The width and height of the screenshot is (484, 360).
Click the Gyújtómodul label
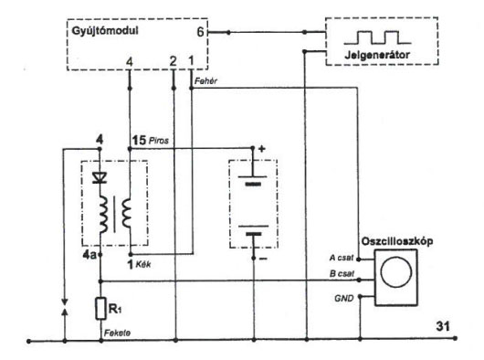[105, 31]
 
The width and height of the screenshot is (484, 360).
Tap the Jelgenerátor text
[377, 55]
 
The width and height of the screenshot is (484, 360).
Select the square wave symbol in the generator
[377, 37]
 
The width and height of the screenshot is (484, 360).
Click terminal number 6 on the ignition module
[200, 32]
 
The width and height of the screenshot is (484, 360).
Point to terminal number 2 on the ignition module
[174, 61]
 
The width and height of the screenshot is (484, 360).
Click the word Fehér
[205, 81]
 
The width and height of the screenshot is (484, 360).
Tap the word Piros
[159, 141]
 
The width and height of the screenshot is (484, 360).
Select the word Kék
[143, 264]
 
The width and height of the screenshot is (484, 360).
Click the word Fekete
[117, 333]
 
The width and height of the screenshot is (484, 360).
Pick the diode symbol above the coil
[100, 178]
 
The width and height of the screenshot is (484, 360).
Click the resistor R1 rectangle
[100, 308]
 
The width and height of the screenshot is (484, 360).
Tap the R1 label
[115, 309]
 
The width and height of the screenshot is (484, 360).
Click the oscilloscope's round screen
[396, 272]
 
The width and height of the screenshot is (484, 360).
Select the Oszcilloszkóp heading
[397, 241]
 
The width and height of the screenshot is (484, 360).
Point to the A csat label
[342, 258]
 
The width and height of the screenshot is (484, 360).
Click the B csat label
[342, 273]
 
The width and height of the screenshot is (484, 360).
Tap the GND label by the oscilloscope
[343, 298]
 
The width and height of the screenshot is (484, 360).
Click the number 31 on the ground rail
[443, 326]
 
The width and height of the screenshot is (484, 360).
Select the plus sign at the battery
[262, 149]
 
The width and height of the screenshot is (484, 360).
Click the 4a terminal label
[89, 255]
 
